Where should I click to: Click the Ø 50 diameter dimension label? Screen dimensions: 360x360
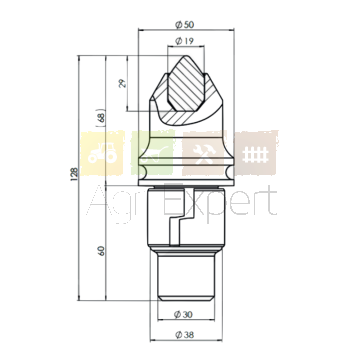(x=184, y=25)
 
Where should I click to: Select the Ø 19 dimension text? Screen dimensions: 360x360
(x=184, y=41)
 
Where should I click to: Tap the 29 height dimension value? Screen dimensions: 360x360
(x=123, y=83)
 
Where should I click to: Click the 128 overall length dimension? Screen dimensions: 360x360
(x=74, y=174)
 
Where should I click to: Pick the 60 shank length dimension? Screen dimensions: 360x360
(x=101, y=251)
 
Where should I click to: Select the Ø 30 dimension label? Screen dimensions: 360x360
(x=183, y=314)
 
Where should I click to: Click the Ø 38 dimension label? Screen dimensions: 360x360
(x=184, y=335)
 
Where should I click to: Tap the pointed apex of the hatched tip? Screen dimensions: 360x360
(x=186, y=56)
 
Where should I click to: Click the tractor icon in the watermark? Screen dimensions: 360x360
(x=103, y=153)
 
